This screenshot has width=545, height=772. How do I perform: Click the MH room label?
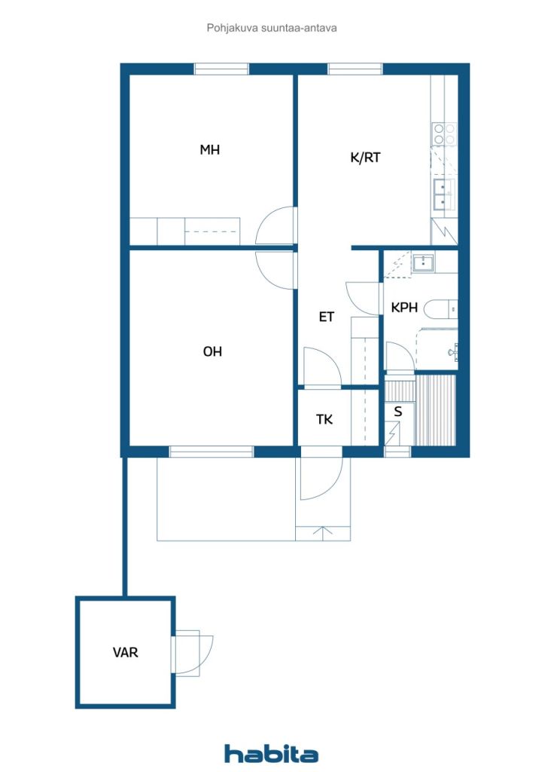(x=209, y=150)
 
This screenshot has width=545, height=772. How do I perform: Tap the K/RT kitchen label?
(x=365, y=158)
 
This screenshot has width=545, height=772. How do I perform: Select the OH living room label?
(x=212, y=351)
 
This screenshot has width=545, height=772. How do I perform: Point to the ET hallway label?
(x=326, y=317)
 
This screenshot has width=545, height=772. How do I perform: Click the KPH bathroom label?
(x=404, y=308)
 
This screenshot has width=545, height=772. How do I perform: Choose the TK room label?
(x=324, y=419)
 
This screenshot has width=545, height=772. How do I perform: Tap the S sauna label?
(x=398, y=412)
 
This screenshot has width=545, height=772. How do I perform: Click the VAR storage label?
(x=125, y=652)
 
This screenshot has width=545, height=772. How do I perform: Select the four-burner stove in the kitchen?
(x=444, y=134)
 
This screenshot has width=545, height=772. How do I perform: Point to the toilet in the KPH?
(x=441, y=309)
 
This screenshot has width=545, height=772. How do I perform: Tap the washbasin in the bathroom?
(x=422, y=263)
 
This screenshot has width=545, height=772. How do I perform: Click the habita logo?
(x=271, y=754)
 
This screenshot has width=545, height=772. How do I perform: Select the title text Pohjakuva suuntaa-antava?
(x=272, y=28)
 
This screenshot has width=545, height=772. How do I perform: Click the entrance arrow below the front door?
(x=323, y=533)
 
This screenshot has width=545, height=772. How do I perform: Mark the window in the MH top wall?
(x=221, y=69)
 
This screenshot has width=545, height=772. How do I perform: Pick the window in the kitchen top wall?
(x=355, y=69)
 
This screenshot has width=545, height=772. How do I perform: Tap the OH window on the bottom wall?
(x=212, y=452)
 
